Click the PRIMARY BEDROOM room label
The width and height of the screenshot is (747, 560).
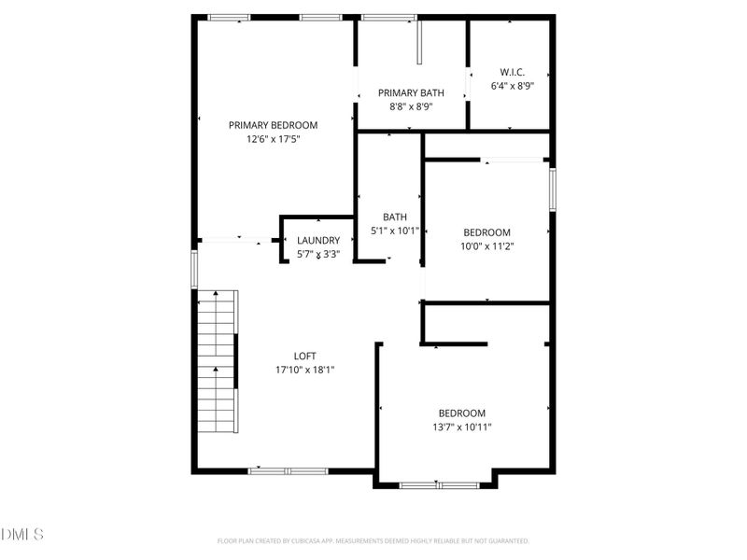tap(273, 125)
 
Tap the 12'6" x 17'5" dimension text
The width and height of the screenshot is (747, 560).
tap(273, 139)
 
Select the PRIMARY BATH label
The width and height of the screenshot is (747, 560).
tap(410, 93)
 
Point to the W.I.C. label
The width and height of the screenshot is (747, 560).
tap(512, 72)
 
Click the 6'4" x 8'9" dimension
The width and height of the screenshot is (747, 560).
tap(512, 86)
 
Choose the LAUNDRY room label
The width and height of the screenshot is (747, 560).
tap(318, 240)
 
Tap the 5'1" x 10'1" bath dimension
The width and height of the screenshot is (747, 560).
tap(394, 231)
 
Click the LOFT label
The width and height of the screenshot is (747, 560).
tap(304, 356)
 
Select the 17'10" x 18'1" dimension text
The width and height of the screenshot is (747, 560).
tap(304, 370)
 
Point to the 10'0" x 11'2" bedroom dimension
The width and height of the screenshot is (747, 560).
tap(486, 246)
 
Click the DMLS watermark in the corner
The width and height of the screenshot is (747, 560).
tap(22, 534)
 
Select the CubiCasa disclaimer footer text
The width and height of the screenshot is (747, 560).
tap(373, 540)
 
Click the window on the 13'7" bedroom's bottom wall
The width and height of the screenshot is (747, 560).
tap(439, 485)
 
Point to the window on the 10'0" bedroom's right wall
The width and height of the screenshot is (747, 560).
tap(552, 189)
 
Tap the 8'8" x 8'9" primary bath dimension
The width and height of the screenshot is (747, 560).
tap(410, 107)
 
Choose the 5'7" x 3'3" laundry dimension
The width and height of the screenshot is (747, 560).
tap(318, 254)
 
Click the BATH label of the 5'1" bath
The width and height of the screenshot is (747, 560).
tap(394, 217)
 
